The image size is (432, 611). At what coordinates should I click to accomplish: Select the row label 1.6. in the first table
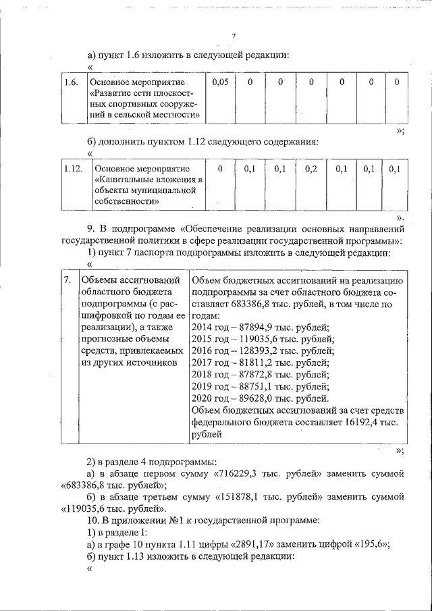70,82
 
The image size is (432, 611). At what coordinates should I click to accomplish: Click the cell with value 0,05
220,82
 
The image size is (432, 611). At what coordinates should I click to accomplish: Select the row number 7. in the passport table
67,279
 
